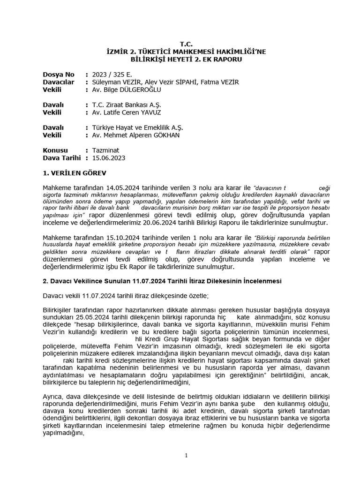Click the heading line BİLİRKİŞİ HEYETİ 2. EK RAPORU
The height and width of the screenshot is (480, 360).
180,60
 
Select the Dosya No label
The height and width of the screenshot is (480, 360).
59,75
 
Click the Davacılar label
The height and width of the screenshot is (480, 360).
59,82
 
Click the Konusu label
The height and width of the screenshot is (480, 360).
56,150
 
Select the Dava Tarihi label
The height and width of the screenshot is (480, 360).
61,158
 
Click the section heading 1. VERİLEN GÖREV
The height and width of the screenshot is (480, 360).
75,173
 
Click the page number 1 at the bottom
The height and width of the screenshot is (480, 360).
186,455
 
